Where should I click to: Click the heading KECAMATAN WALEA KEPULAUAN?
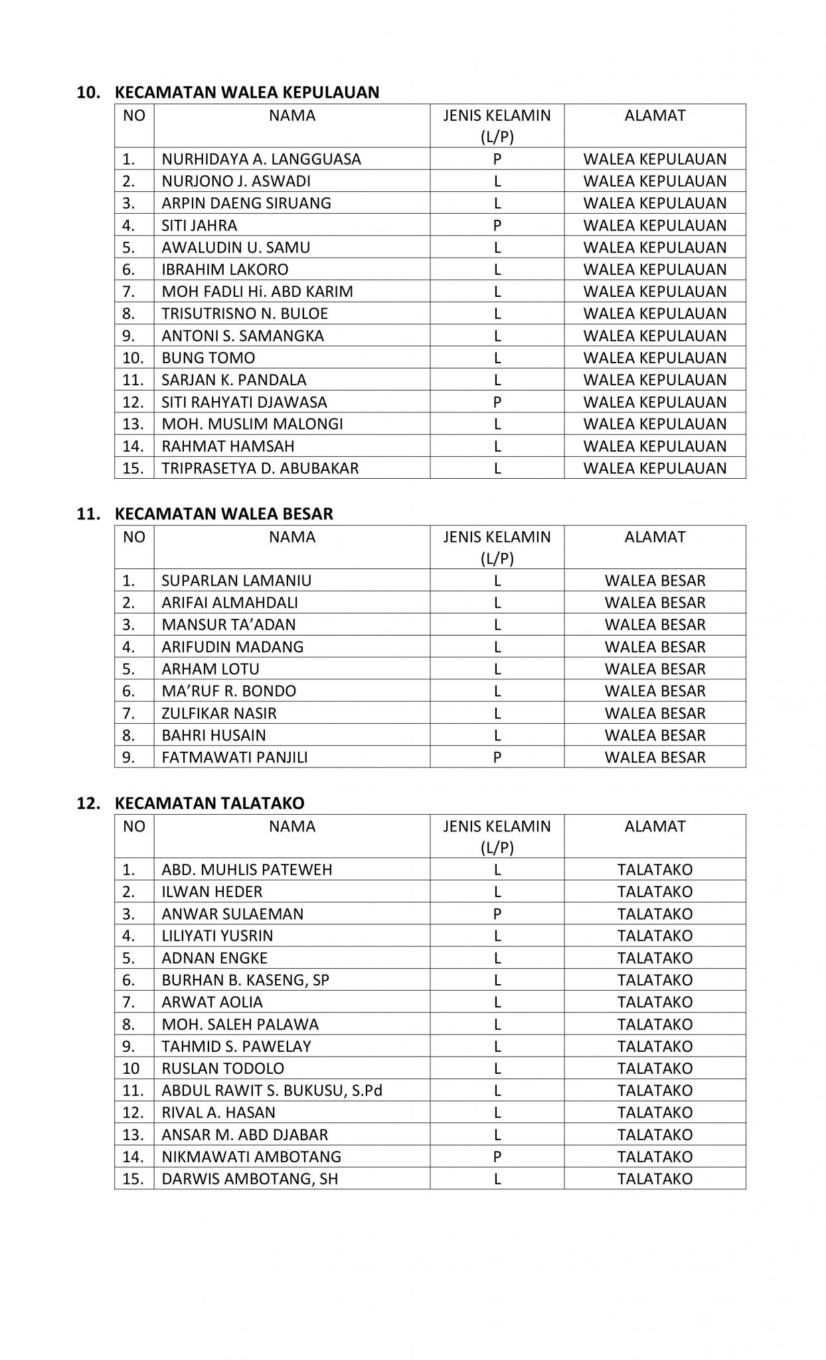(x=247, y=92)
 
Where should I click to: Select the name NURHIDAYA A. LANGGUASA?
(x=261, y=159)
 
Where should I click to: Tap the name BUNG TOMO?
(x=208, y=358)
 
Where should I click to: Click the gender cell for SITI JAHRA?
(x=497, y=226)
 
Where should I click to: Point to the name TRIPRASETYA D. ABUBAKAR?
(x=260, y=468)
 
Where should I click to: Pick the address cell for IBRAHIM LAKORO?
(x=655, y=270)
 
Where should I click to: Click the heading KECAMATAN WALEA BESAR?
(x=224, y=514)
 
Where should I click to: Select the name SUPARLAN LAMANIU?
(x=236, y=581)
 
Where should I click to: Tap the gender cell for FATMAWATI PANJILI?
(x=497, y=758)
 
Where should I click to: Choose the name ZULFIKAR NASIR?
(x=219, y=713)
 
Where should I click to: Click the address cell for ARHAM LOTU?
(x=655, y=669)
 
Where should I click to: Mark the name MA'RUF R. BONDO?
(x=228, y=691)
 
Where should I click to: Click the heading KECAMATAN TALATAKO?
(x=209, y=804)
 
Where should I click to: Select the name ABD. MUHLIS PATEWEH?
(x=246, y=870)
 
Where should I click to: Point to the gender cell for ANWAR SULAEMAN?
(x=497, y=914)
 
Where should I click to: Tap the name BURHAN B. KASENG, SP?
(x=245, y=980)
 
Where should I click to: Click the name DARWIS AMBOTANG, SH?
(x=250, y=1179)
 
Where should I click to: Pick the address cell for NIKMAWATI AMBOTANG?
(x=655, y=1157)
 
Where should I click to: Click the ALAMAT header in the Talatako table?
(x=655, y=827)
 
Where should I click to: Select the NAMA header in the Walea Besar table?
(x=292, y=537)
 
